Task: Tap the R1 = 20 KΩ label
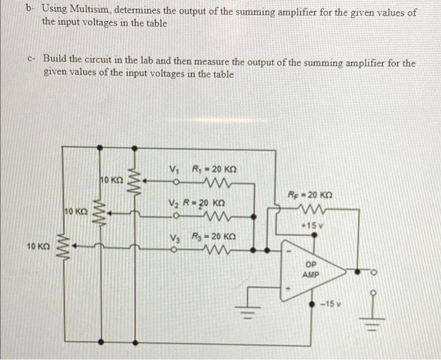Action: pyautogui.click(x=215, y=169)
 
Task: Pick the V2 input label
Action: pyautogui.click(x=175, y=203)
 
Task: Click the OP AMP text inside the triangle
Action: pyautogui.click(x=311, y=269)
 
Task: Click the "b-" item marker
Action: pyautogui.click(x=30, y=11)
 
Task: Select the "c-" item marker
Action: pyautogui.click(x=31, y=59)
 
